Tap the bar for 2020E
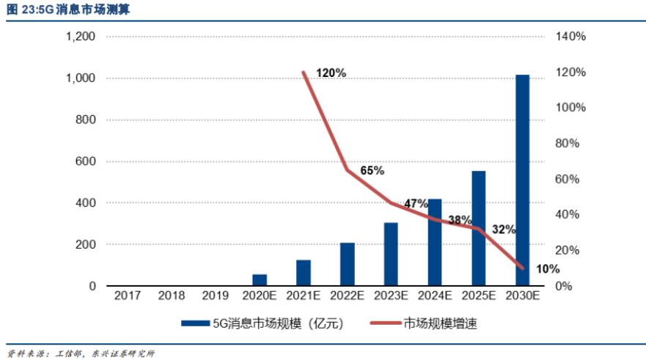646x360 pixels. (x=260, y=280)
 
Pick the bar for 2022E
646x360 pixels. (x=347, y=264)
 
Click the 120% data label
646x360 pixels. (x=331, y=73)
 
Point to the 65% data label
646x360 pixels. (x=372, y=171)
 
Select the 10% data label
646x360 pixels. (x=548, y=269)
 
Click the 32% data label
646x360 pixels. (x=504, y=229)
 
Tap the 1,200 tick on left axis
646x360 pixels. (x=81, y=37)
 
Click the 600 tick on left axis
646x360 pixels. (x=87, y=161)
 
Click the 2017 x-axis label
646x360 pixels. (x=128, y=295)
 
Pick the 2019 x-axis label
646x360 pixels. (x=215, y=295)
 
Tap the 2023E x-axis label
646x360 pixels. (x=391, y=295)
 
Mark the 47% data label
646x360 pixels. (x=416, y=203)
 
